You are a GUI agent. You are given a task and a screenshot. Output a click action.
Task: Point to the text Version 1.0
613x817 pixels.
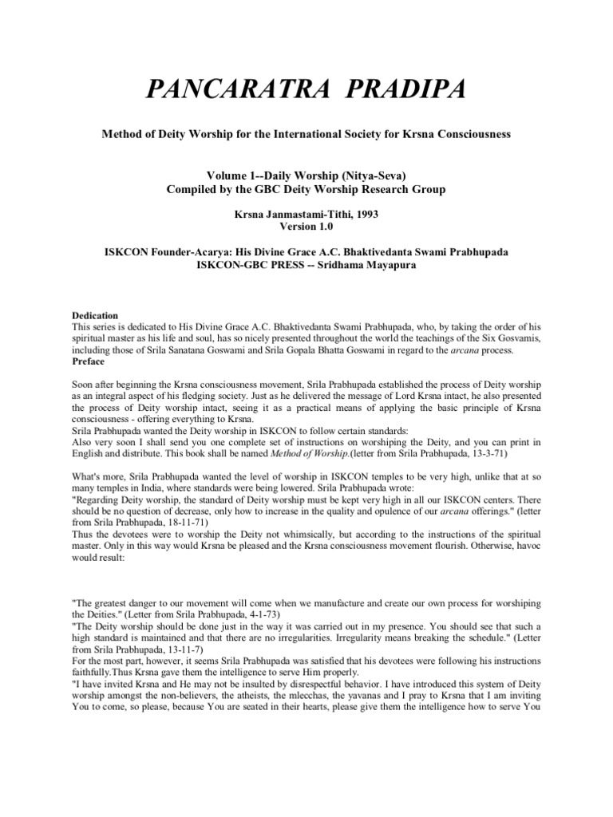306,227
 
